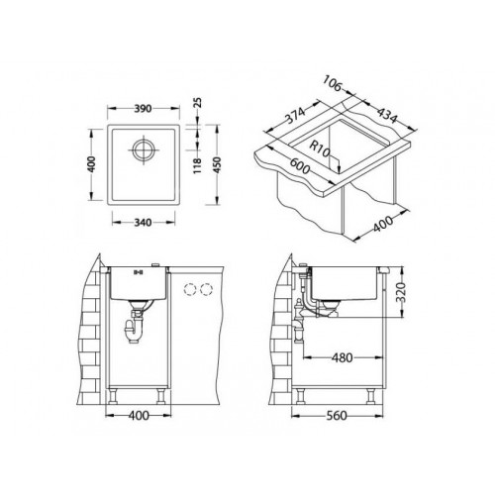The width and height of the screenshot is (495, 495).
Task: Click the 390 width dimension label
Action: (143, 109)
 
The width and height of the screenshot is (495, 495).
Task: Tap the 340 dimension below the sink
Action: (143, 223)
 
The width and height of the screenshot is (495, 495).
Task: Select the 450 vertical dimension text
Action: (217, 164)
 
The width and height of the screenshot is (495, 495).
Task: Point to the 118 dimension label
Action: (197, 166)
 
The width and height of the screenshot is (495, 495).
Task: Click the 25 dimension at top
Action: (197, 103)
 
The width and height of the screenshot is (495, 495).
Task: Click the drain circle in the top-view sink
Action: (144, 150)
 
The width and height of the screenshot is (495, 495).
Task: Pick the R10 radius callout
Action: (319, 149)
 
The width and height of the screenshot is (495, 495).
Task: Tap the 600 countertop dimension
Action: (300, 166)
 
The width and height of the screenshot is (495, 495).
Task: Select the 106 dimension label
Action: (332, 83)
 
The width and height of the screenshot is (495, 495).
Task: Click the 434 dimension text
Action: (387, 114)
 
